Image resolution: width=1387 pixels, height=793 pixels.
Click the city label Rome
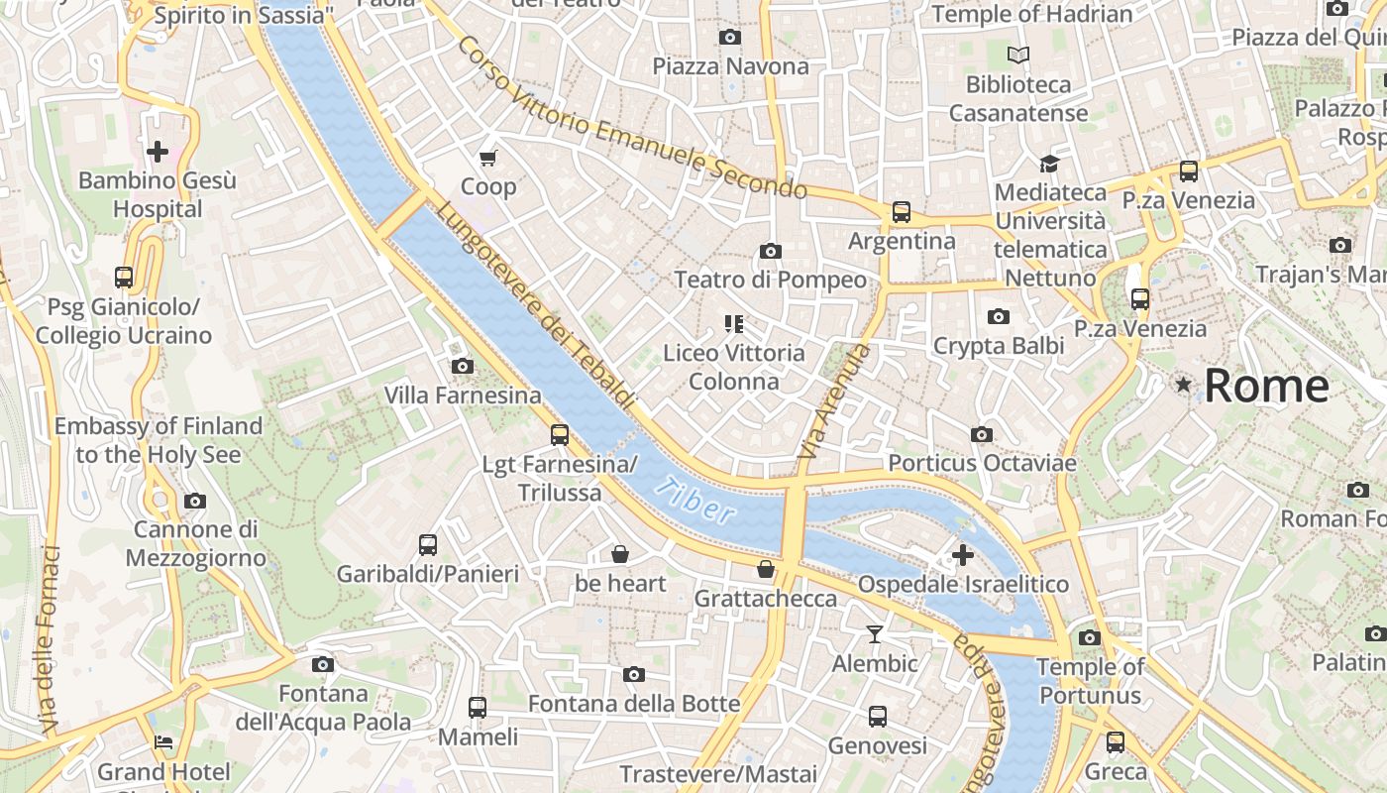[x=1266, y=385]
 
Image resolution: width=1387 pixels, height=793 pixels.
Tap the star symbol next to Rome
[x=1183, y=385]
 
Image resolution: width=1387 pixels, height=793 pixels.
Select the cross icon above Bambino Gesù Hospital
[x=157, y=152]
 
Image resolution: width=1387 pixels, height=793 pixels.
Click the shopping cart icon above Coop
[x=488, y=158]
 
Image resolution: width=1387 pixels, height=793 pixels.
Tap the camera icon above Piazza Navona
[x=729, y=38]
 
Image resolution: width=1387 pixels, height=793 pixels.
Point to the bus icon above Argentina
[x=901, y=211]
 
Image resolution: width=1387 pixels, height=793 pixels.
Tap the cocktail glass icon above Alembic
[x=875, y=634]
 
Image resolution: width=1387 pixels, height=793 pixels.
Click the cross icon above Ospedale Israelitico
[x=962, y=555]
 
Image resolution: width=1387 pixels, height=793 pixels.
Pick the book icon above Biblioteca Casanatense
[x=1017, y=56]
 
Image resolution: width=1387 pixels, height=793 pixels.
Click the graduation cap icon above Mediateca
[x=1049, y=163]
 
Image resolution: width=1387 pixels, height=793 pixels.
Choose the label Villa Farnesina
[x=463, y=396]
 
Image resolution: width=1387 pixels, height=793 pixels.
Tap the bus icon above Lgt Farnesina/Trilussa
[x=559, y=434]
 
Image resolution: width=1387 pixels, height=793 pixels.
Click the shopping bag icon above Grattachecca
[x=765, y=569]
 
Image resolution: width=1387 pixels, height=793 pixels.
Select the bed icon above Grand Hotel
[x=163, y=742]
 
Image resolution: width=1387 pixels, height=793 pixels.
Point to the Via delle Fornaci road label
[x=50, y=640]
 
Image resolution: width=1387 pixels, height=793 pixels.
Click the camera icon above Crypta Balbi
[x=998, y=316]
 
